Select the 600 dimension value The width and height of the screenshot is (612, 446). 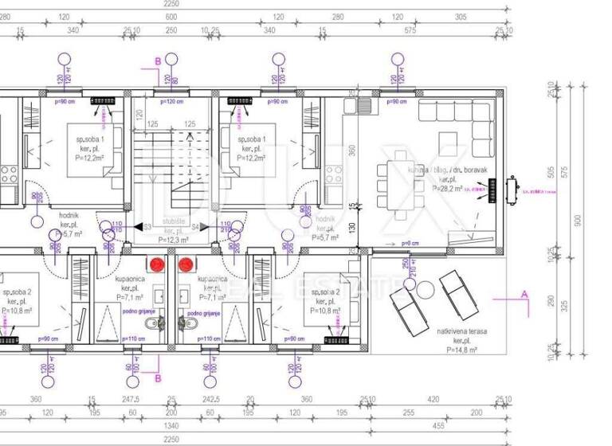click(x=171, y=16)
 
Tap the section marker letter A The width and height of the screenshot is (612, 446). click(x=524, y=293)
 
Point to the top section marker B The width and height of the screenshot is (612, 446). click(x=158, y=61)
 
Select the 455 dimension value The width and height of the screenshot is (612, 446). click(x=437, y=425)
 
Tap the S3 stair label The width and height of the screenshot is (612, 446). click(x=147, y=227)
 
